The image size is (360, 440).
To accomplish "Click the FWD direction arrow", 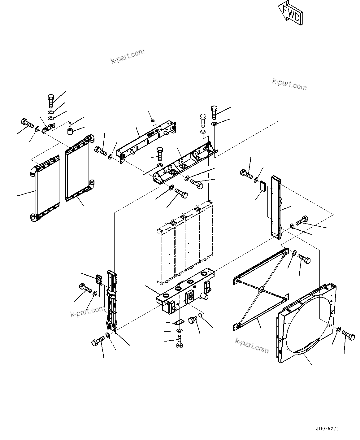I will pos(290,13).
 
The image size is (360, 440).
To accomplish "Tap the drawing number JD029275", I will pos(327,429).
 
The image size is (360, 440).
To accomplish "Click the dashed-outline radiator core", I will pos(185,243).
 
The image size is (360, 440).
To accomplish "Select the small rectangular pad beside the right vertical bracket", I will pos(263,186).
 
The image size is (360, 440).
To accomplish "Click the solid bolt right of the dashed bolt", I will pos(214,112).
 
